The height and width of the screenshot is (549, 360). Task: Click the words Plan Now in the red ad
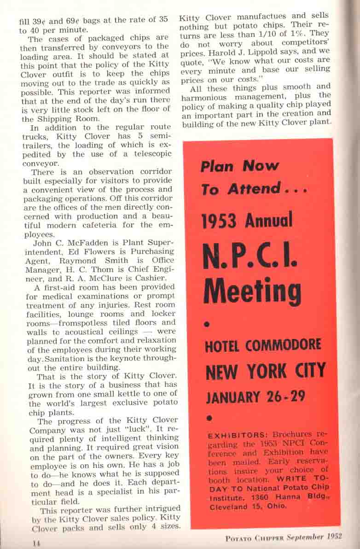239,166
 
